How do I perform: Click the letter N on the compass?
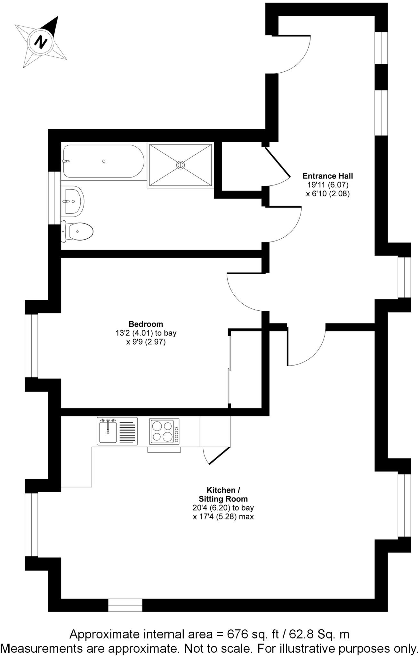pos(41,42)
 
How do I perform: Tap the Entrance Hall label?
pos(327,176)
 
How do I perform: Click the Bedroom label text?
pos(146,324)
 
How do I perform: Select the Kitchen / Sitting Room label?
pos(223,494)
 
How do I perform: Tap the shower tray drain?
pos(181,165)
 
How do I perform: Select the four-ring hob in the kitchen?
pos(164,431)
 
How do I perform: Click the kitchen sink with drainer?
pos(117,431)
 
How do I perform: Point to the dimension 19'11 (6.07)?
pos(327,185)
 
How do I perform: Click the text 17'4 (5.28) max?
pos(223,517)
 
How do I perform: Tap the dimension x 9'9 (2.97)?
pos(146,342)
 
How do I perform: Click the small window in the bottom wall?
pos(125,605)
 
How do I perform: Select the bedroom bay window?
pos(32,346)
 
